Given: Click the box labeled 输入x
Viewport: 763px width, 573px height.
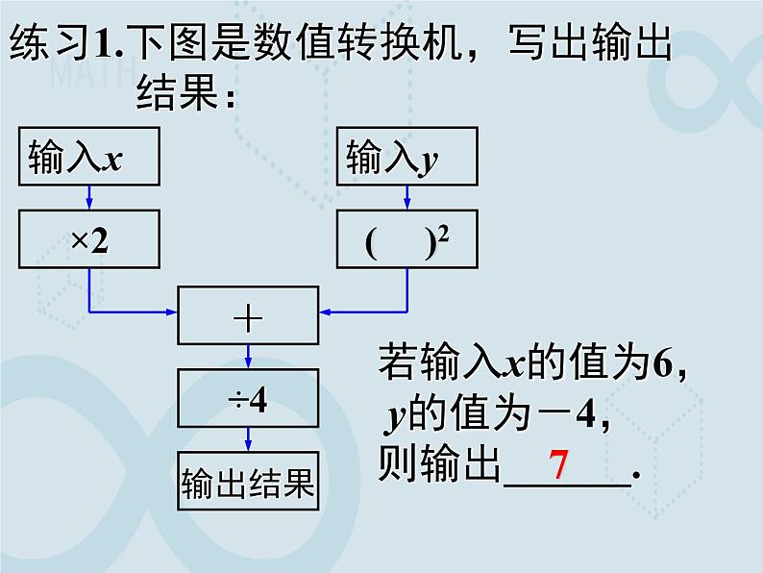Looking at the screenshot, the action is pos(87,157).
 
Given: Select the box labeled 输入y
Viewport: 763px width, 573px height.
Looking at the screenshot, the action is pos(406,157).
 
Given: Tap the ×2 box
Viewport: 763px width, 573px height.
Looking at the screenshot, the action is pos(87,240).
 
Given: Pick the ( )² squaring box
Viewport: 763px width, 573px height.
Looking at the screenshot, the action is pos(406,240).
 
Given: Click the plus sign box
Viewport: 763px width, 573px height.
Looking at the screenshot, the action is pos(248,313).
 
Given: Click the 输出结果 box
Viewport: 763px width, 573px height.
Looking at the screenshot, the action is pos(248,484).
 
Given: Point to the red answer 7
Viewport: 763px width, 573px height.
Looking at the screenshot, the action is pos(560,467).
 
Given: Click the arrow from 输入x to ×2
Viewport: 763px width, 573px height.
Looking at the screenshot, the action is pos(88,198).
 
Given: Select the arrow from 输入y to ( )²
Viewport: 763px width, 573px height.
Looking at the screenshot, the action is pos(406,198).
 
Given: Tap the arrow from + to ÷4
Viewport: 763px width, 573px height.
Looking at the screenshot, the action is pos(248,356).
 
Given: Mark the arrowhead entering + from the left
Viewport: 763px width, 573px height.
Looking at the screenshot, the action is pos(172,311).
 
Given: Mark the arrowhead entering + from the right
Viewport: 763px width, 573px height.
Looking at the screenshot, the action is pos(325,311).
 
